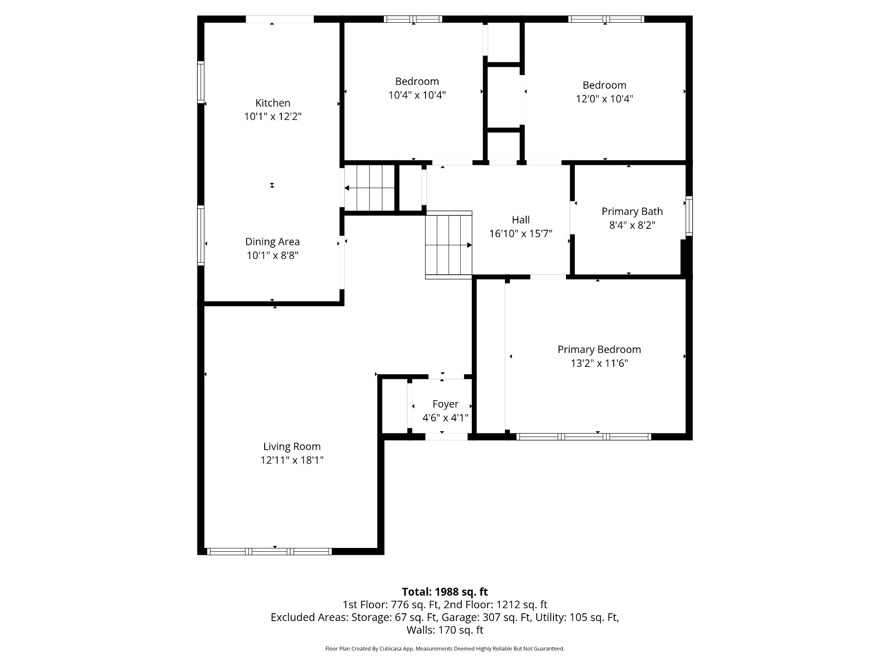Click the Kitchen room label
(273, 103)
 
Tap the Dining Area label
(273, 242)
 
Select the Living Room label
(292, 447)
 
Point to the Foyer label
(445, 404)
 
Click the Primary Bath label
(632, 212)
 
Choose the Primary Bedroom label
(599, 350)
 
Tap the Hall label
(521, 220)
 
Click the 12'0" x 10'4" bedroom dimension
(604, 99)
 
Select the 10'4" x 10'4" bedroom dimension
(417, 95)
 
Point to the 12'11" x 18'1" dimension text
(292, 460)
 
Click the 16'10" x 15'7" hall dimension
(521, 233)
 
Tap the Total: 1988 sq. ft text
(445, 591)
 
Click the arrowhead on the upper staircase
(347, 188)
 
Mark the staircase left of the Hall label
(449, 245)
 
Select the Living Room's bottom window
(269, 551)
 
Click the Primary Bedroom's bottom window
(584, 436)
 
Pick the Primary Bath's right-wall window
(689, 216)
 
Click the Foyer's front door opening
(446, 436)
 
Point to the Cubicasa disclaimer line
(445, 648)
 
